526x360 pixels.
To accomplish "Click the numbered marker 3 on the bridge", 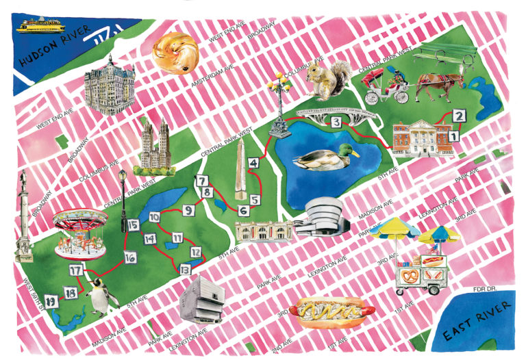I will pos(336,123).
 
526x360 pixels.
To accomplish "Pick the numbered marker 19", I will pos(50,300).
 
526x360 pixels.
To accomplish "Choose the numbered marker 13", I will pos(185,270).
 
